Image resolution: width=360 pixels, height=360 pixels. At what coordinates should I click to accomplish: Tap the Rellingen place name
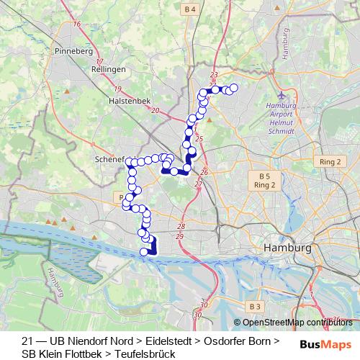pos(109,69)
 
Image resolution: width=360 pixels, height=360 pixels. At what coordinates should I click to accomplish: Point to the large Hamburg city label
pos(288,248)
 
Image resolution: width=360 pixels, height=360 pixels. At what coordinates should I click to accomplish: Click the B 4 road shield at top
pos(190,9)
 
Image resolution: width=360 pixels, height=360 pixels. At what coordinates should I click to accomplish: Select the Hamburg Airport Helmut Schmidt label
pos(281,118)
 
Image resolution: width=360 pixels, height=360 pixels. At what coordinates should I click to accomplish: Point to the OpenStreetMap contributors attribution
pos(297,323)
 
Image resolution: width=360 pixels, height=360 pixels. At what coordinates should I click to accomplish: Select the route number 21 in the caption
pos(27,341)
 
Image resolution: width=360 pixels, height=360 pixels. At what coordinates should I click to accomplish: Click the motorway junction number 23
pos(213,75)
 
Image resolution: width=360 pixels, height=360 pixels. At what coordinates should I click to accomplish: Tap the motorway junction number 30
pos(197,315)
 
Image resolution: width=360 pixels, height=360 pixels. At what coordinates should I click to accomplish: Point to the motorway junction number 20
pos(156,110)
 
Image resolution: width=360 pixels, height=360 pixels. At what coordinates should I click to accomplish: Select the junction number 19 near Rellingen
pos(117,89)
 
